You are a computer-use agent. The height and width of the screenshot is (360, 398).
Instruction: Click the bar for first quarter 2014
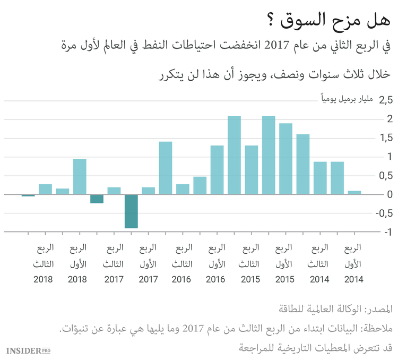354,192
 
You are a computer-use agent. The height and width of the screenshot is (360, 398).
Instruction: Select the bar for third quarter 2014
320,178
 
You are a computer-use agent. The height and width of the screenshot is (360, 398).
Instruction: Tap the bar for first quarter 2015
285,159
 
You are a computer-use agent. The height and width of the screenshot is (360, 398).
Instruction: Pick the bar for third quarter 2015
252,170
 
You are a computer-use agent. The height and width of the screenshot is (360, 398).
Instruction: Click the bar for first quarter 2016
217,170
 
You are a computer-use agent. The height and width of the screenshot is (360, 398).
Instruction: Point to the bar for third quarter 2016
183,189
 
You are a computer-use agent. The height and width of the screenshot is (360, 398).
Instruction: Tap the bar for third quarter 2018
45,189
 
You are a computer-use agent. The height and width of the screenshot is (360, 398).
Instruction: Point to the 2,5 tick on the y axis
385,99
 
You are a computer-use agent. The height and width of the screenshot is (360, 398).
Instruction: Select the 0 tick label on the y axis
390,194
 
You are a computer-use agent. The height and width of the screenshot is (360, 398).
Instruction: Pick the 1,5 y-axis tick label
385,138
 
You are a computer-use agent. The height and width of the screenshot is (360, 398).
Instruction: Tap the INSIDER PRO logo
28,350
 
